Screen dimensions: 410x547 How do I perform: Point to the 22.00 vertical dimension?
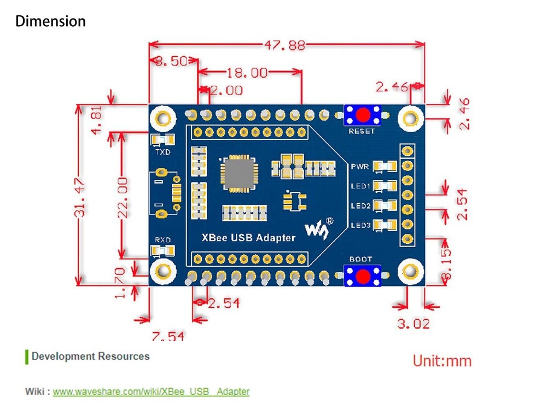(x=123, y=197)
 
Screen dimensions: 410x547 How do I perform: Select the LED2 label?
(x=361, y=206)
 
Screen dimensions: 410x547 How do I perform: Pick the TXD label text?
(x=162, y=152)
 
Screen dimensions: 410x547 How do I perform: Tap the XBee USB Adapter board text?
(x=248, y=237)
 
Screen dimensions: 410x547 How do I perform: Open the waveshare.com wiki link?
(x=151, y=391)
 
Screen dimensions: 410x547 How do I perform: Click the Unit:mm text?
(x=441, y=361)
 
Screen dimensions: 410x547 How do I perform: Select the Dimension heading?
(x=50, y=21)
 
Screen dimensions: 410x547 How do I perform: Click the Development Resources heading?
(x=90, y=356)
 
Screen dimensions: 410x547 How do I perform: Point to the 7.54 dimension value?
(x=168, y=336)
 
